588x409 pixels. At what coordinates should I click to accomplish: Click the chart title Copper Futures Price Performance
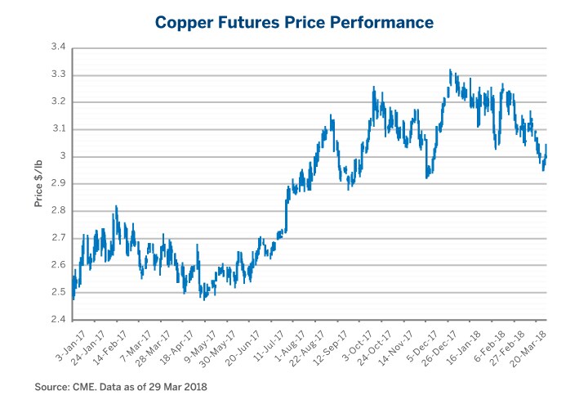tap(294, 22)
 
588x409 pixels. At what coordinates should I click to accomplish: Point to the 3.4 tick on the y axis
tap(58, 48)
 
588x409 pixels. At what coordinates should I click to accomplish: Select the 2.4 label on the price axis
tap(58, 319)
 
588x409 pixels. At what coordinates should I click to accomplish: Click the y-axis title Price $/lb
tap(39, 184)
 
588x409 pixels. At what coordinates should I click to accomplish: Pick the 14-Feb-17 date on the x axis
tap(112, 341)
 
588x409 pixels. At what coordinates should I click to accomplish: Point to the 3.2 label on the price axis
tap(58, 102)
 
